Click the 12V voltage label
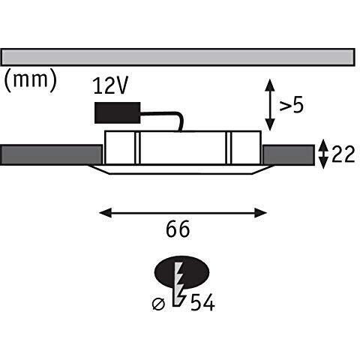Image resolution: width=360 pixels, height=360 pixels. [110, 85]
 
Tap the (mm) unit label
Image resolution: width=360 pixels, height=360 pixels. [31, 80]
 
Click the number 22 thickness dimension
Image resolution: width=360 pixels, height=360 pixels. [343, 154]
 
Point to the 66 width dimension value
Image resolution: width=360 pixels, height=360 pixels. [178, 229]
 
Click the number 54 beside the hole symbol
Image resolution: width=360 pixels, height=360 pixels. [202, 302]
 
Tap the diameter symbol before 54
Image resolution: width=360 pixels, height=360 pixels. [158, 304]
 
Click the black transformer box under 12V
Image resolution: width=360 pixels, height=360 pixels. [118, 112]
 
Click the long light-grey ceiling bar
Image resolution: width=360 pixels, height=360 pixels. [178, 57]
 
